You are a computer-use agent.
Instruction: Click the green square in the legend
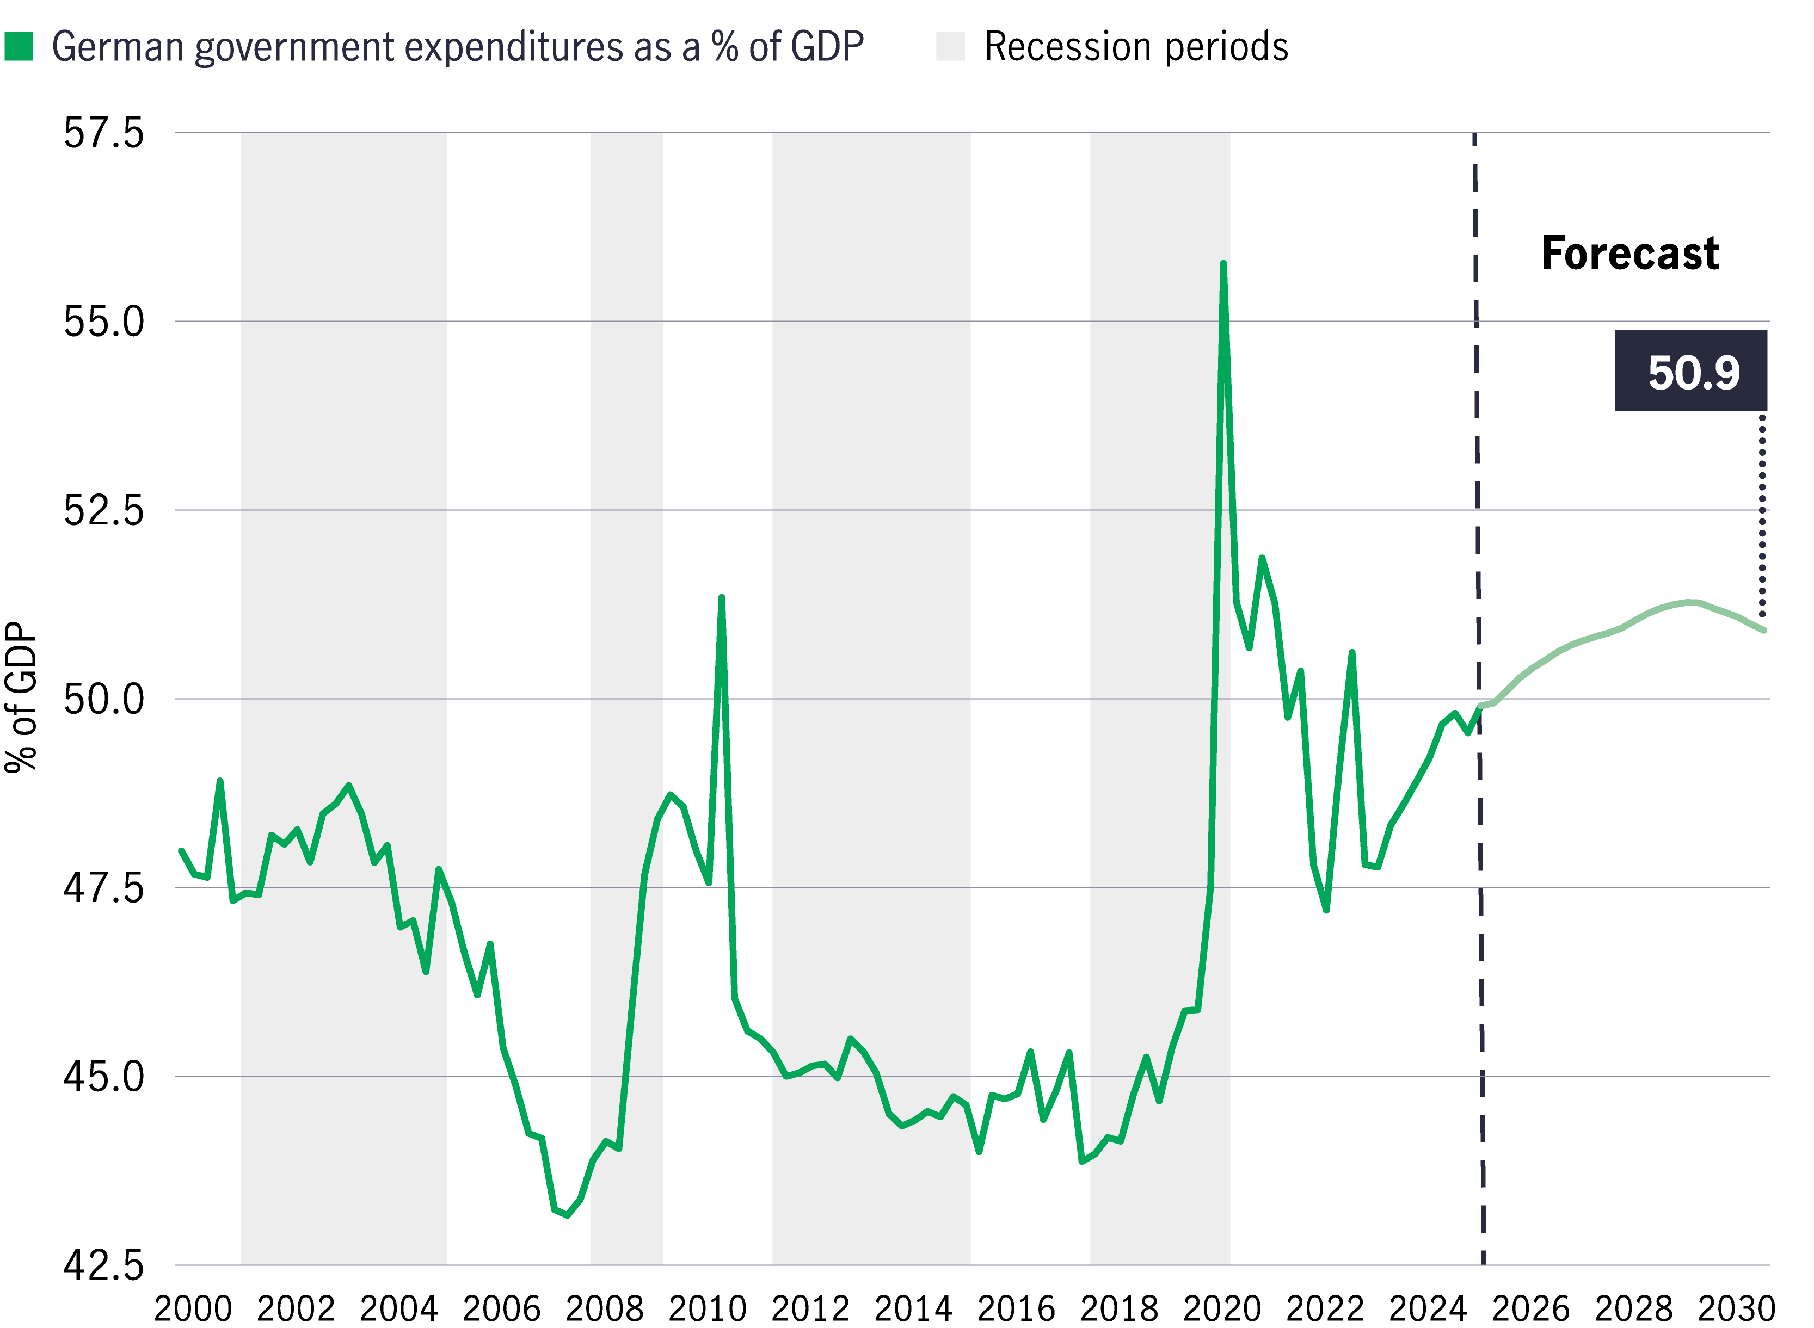pos(19,47)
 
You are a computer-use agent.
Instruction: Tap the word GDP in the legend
pos(827,47)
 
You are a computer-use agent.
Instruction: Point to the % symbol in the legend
pos(724,47)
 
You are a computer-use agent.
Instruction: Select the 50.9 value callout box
pos(1691,370)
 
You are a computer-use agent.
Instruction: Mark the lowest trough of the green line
pos(568,1215)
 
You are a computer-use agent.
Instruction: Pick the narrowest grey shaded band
pos(626,698)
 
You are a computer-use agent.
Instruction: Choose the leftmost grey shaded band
pos(343,698)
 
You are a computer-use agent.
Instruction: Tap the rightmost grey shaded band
pos(1159,698)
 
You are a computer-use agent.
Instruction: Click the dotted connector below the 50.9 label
pos(1762,515)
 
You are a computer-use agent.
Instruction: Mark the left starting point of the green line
pos(181,850)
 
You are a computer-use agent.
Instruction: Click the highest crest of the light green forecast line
pos(1693,601)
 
